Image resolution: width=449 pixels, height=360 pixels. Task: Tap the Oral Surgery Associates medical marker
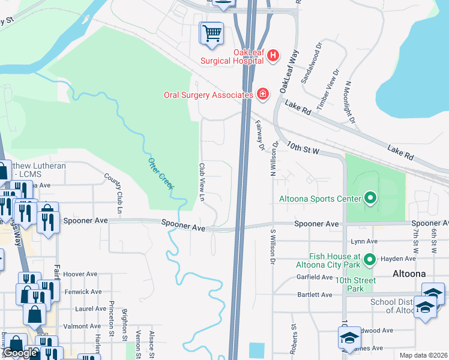262,94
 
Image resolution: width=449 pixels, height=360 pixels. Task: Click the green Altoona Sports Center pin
370,198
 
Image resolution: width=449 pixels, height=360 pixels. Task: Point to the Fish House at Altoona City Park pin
370,259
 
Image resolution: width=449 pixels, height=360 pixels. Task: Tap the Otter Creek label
161,173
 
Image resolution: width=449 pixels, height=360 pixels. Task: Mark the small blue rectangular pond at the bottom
256,350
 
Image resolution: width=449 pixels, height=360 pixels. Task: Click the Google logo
20,353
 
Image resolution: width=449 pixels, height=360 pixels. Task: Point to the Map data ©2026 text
423,355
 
